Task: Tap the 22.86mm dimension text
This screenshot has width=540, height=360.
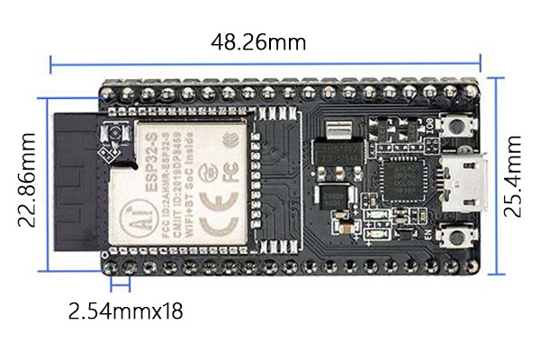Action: [29, 179]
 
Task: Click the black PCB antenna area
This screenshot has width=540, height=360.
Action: [76, 189]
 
